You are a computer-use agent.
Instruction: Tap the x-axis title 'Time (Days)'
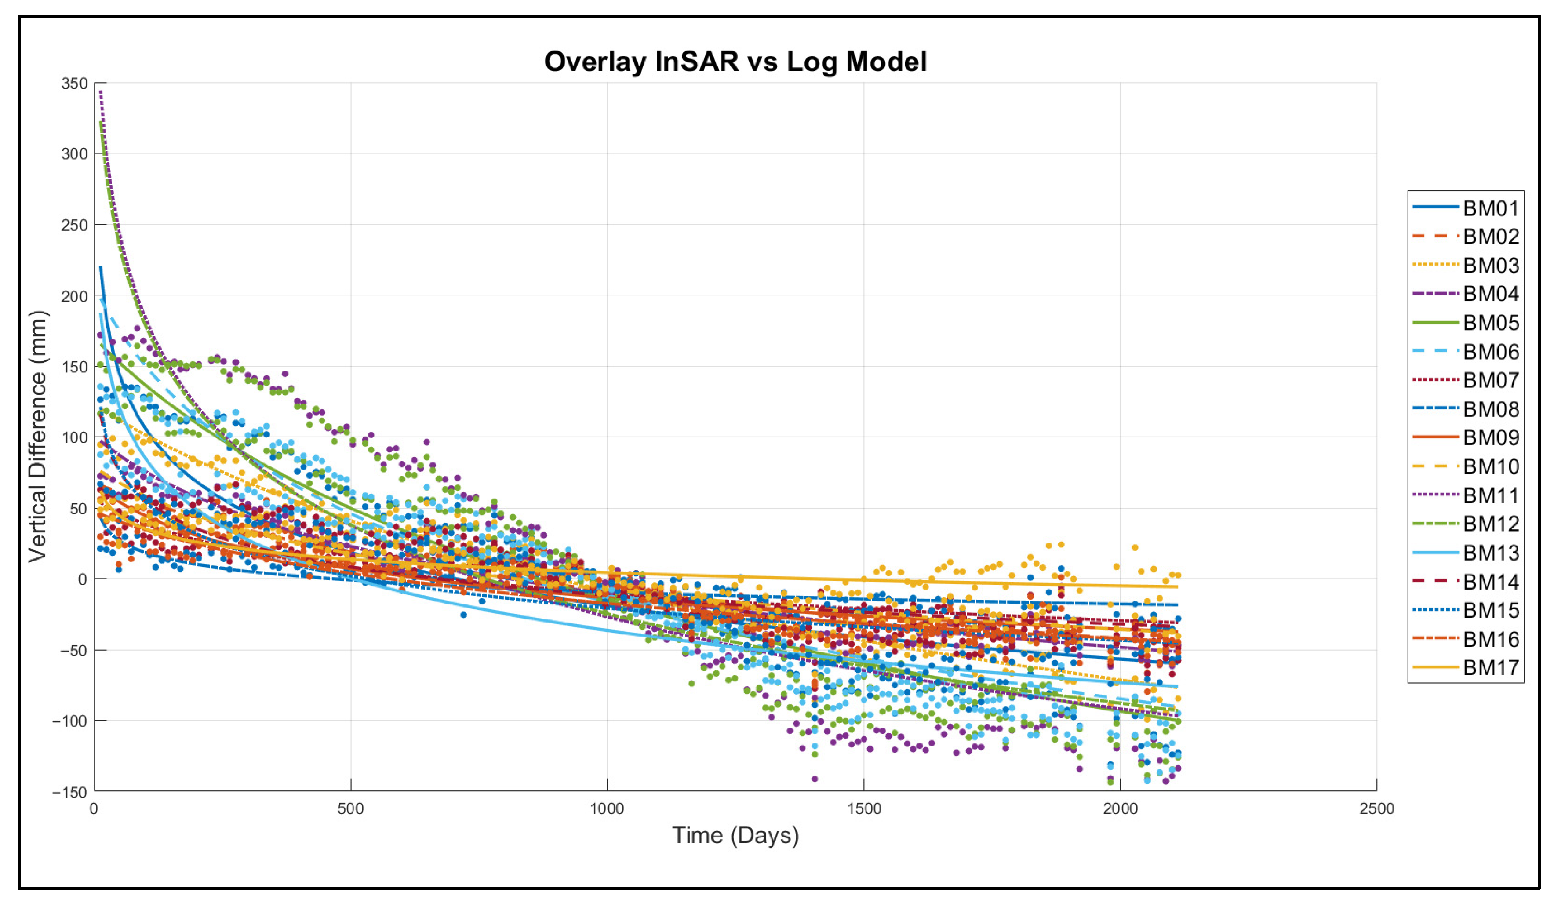735,835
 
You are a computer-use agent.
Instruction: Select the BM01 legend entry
1466,208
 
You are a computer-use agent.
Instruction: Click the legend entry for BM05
1466,323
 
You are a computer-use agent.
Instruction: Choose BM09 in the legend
1466,437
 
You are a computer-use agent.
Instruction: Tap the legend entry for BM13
1466,553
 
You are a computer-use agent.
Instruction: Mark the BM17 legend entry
1466,667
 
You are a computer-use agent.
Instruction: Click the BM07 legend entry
1466,380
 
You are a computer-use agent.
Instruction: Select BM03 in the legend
1466,265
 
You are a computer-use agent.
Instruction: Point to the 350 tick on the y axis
74,83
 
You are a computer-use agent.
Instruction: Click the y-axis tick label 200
74,296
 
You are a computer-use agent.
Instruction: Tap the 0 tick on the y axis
83,579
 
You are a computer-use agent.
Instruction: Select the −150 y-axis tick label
70,792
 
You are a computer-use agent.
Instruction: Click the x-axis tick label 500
351,808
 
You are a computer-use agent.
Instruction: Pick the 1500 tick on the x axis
864,808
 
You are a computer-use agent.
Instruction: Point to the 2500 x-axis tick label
1377,808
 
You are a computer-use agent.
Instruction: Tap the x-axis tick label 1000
608,808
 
